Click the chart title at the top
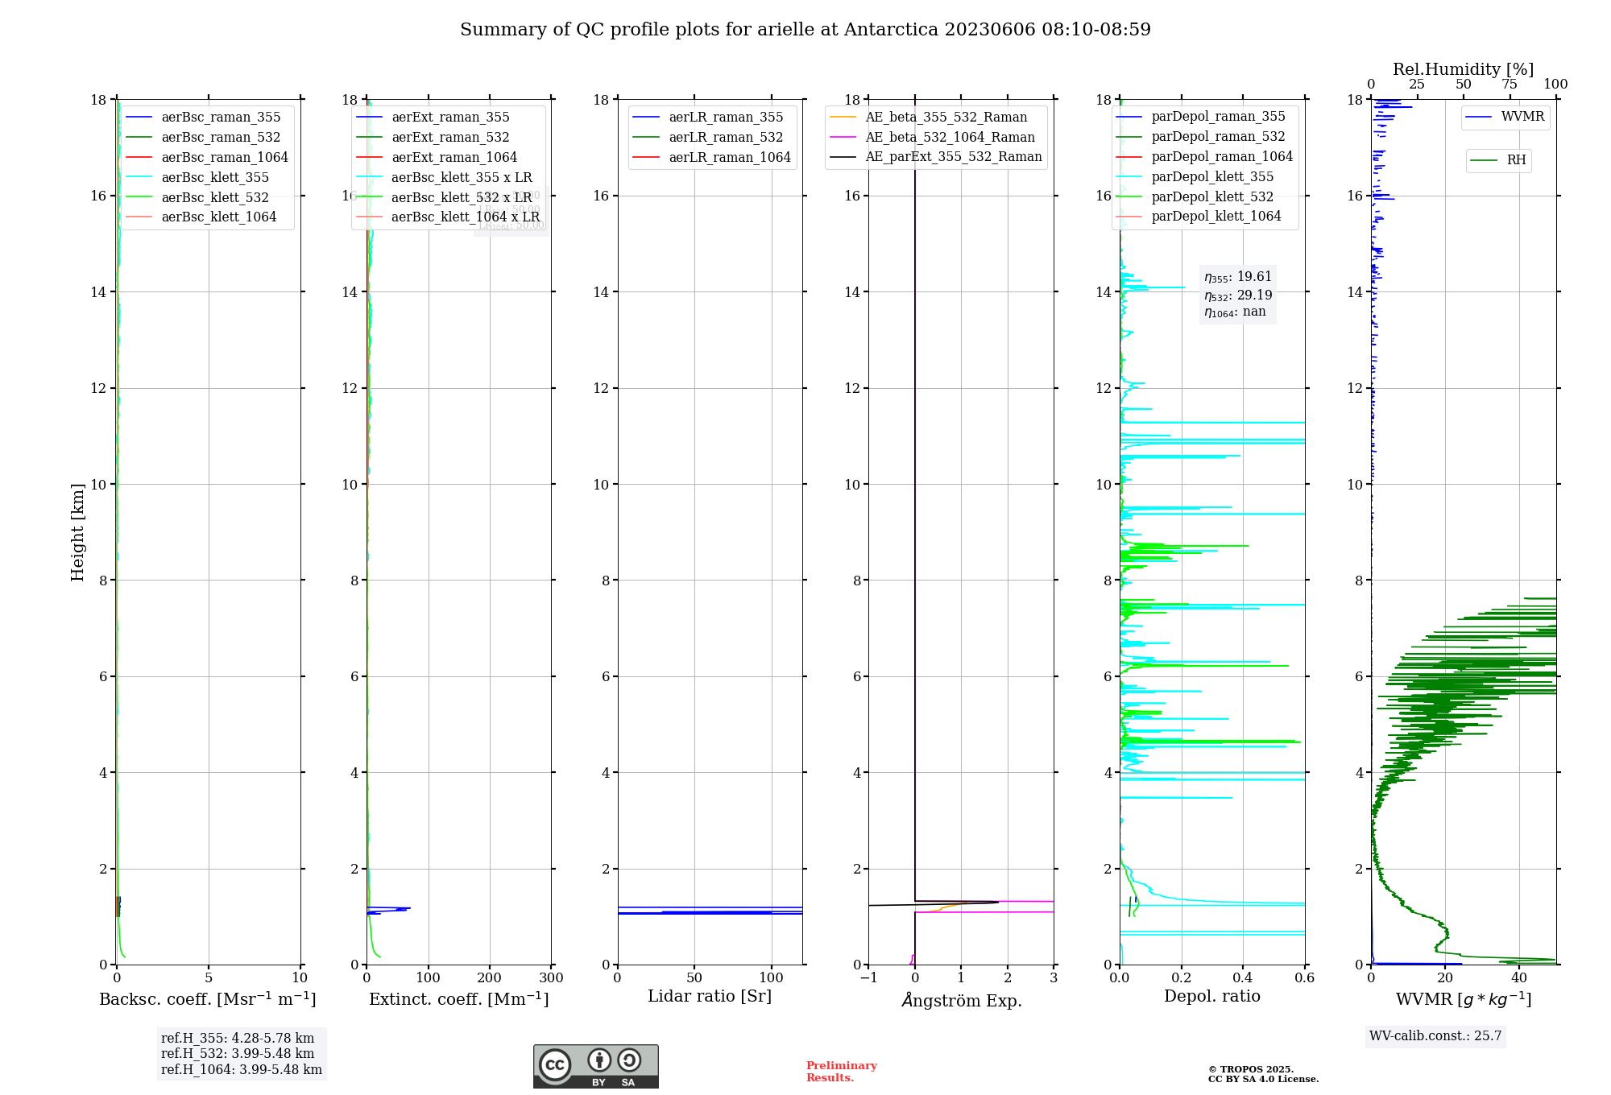(805, 30)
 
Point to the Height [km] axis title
(77, 531)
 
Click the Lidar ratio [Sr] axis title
(709, 996)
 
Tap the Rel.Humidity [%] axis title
(1463, 69)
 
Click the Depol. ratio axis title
(1211, 996)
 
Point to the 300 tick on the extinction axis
(551, 978)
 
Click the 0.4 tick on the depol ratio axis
(1243, 978)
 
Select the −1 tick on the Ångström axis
(868, 978)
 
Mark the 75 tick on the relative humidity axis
(1509, 85)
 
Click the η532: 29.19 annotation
(1238, 295)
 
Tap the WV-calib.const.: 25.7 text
(1435, 1035)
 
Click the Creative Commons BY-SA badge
(595, 1066)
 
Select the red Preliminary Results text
(841, 1071)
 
